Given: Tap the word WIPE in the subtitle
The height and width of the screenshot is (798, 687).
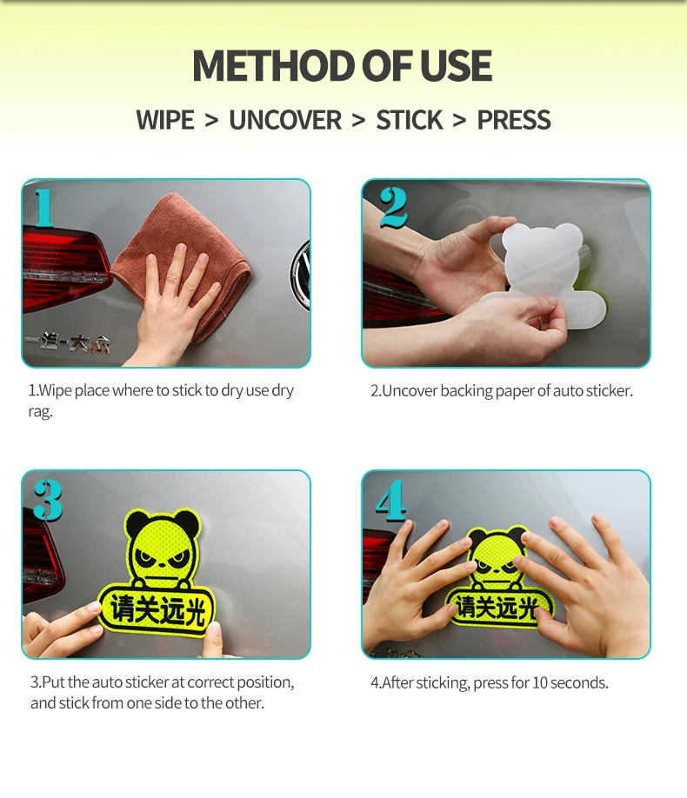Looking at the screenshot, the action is (x=165, y=121).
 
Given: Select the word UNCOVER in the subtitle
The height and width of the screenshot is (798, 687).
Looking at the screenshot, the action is (x=285, y=121).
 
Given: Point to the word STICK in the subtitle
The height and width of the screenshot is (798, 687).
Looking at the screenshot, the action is (x=410, y=121).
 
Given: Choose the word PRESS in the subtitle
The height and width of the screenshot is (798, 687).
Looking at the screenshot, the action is (x=514, y=121).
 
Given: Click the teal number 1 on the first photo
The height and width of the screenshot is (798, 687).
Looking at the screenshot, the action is (x=44, y=207).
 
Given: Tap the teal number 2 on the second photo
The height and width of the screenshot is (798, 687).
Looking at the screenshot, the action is (x=393, y=207).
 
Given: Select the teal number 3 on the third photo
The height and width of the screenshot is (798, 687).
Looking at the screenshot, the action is (x=49, y=500).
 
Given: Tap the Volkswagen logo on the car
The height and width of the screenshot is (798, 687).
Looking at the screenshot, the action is (x=302, y=275).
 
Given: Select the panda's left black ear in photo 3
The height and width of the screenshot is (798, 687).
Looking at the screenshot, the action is (x=137, y=524).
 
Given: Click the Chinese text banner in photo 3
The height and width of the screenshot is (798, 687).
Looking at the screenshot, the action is (x=157, y=609).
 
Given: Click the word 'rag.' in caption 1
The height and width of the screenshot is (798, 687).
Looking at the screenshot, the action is (x=40, y=412).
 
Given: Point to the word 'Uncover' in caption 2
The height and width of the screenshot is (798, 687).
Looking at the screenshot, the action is (x=411, y=391).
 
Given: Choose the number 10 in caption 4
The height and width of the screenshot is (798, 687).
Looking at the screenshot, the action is (x=540, y=683).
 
